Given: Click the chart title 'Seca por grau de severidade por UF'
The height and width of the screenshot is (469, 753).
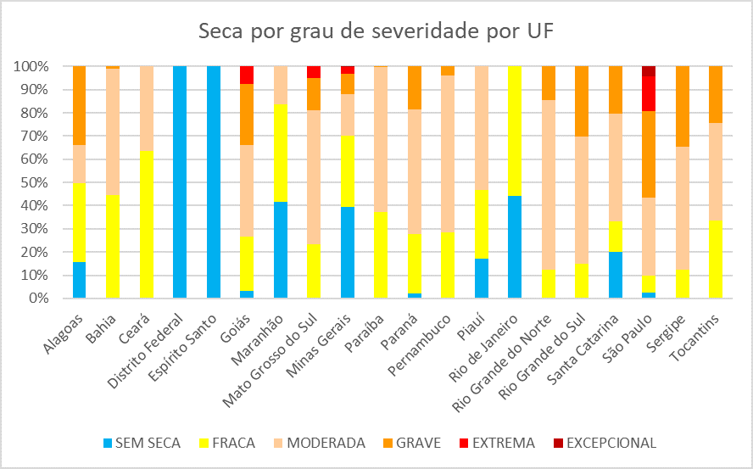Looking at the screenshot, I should coord(376,32).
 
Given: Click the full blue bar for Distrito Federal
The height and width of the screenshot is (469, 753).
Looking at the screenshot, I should coord(180,182).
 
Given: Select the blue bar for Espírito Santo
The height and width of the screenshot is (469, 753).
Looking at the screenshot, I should coord(213,182).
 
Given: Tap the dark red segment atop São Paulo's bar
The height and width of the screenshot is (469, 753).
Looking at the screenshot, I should coord(649,71).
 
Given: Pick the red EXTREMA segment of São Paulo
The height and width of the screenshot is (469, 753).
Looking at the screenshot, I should coord(649,93).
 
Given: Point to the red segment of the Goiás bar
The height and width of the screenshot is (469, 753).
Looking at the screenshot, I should coord(247,75).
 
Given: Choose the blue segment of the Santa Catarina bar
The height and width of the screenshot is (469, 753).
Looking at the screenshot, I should coord(616,276).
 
